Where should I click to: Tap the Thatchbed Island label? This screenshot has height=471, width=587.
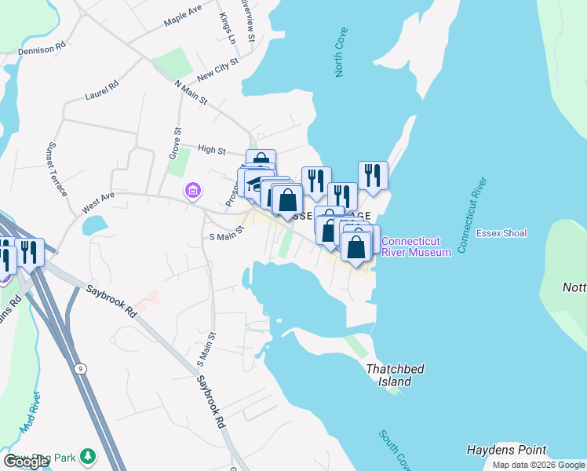click(388, 375)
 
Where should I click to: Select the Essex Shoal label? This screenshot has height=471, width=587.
click(502, 233)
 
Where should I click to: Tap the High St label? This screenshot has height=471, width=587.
click(212, 150)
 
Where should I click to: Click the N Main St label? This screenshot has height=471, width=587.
click(191, 92)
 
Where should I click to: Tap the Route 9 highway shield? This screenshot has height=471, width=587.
click(81, 368)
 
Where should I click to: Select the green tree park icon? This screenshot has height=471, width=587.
click(89, 455)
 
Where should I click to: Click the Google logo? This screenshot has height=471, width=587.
click(26, 462)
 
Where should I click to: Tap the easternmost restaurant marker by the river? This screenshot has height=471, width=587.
click(373, 177)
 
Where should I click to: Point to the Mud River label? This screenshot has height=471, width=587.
click(31, 413)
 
